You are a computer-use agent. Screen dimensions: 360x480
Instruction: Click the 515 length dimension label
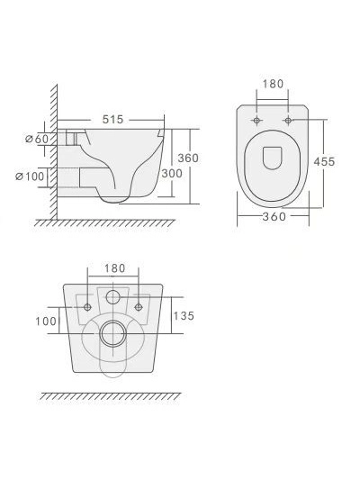pos(112,120)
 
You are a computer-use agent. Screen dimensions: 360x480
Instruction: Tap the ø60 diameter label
pos(37,139)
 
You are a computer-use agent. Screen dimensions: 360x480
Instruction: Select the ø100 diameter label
pos(30,177)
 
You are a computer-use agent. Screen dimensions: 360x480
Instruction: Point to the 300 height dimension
pos(172,174)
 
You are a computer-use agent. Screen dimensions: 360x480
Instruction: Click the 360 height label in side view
pos(188,158)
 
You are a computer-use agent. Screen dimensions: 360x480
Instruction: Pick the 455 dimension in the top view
pos(324,161)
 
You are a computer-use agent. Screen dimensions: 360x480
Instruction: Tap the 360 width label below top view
pos(274,217)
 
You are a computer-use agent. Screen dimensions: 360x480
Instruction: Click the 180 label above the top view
pos(273,84)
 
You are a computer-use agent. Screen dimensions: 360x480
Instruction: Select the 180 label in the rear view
pos(115,268)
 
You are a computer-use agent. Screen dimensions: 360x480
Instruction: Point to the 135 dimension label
pos(184,316)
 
